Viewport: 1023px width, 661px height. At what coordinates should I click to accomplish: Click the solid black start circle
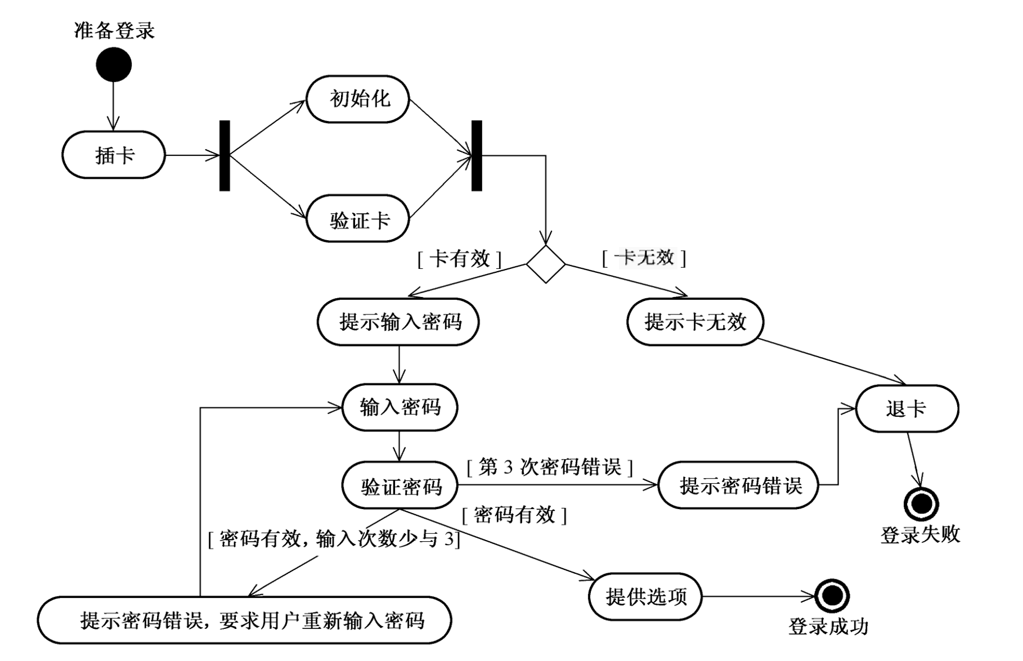tap(114, 64)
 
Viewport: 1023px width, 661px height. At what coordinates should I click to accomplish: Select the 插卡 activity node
tap(114, 155)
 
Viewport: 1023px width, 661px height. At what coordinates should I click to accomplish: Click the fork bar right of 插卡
tap(225, 156)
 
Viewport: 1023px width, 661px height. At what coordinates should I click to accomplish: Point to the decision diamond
tap(545, 264)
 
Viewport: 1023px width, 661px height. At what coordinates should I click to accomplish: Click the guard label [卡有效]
tap(459, 259)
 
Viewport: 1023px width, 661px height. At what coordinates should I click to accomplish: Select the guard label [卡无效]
tap(645, 258)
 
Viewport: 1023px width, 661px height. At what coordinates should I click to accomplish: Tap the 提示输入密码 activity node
tap(399, 322)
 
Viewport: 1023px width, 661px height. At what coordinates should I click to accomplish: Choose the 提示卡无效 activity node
tap(696, 322)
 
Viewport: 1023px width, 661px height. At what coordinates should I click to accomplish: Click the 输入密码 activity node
tap(400, 407)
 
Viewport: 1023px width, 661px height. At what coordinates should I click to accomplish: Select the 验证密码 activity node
tap(400, 485)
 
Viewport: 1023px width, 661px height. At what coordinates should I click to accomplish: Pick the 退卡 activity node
tap(907, 408)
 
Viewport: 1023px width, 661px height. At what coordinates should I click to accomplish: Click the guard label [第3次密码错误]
tap(550, 467)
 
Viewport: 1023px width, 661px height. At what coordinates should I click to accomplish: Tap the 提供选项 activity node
tap(645, 597)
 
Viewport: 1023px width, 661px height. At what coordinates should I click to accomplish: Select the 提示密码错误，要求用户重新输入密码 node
tap(245, 620)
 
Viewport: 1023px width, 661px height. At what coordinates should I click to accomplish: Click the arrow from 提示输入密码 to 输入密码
tap(399, 364)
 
